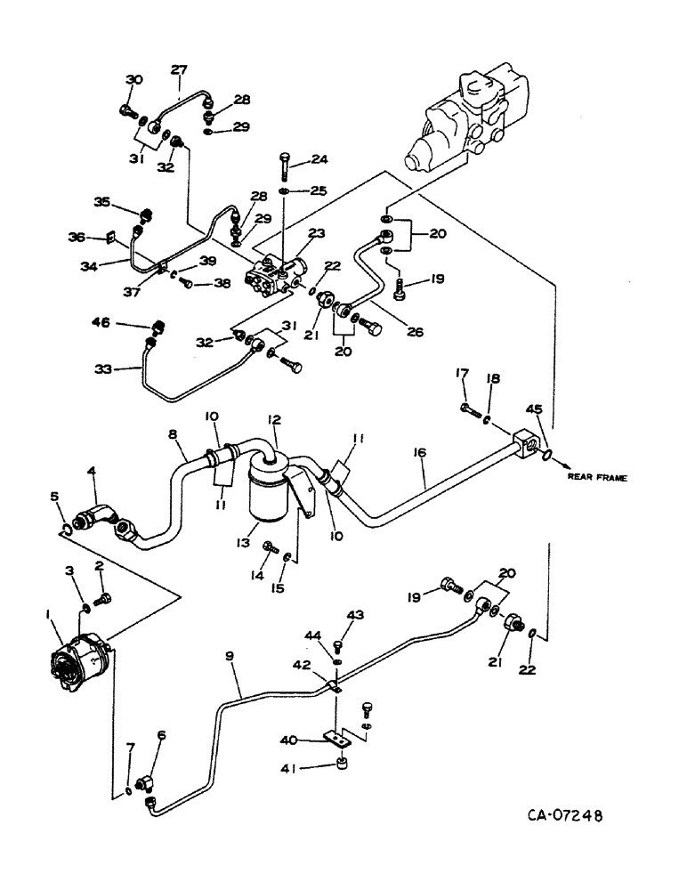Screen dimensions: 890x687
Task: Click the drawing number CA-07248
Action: click(x=557, y=813)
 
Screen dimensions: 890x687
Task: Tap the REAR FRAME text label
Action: click(x=598, y=478)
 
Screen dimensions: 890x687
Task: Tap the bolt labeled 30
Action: click(x=127, y=112)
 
